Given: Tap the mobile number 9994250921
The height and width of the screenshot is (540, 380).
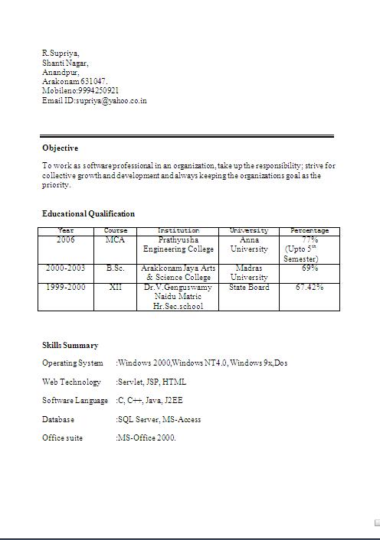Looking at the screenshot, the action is coord(97,90).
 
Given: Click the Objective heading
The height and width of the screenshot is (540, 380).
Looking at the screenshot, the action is coord(60,148).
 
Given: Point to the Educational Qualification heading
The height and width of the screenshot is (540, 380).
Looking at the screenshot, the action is coord(88,213).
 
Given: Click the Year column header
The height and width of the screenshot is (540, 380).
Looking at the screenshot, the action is coord(66,230).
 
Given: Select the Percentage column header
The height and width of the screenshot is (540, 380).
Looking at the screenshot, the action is coord(310,230).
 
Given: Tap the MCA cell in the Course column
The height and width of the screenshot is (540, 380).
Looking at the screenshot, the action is coord(115,240).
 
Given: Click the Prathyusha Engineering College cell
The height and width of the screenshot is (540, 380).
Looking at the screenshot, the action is coord(179,245).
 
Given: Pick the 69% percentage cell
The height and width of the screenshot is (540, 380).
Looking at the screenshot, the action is coord(310,268).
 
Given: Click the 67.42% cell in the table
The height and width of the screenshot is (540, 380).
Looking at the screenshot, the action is coord(310,288).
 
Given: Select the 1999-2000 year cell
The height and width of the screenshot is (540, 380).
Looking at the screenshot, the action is coord(66,288).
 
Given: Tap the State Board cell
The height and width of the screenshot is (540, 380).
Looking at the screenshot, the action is coord(249,288).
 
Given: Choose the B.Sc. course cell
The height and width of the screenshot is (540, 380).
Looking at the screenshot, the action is coord(115,268).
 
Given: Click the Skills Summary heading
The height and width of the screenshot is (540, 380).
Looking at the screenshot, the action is coord(70,345).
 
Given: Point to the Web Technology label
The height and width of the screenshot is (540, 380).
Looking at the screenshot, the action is coord(71,382).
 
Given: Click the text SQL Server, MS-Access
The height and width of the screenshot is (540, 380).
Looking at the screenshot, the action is coord(159,419).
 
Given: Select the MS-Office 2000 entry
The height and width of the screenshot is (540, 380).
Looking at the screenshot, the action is coord(147,438).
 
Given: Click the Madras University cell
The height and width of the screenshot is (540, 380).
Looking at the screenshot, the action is coord(249,273).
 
